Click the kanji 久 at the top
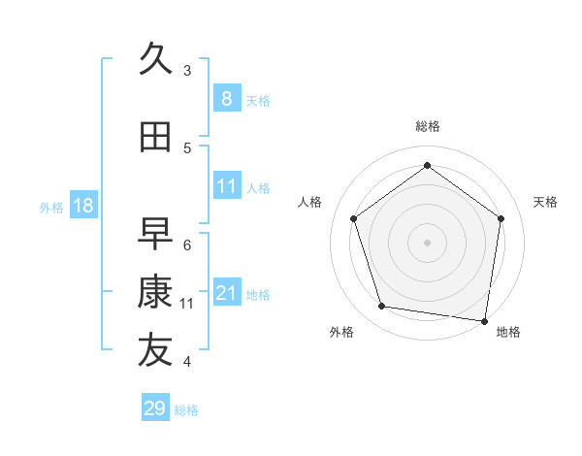point(155,60)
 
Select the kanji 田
point(155,138)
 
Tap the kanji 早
point(155,234)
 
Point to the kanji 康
point(155,292)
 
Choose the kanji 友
point(155,351)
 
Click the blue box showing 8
point(226,99)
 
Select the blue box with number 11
point(226,186)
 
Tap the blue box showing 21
point(226,293)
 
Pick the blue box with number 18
point(81,206)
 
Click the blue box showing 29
point(155,408)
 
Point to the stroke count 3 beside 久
point(187,71)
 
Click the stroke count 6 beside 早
point(187,245)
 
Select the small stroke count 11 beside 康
point(187,304)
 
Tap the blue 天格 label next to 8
point(258,101)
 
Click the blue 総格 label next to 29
point(187,410)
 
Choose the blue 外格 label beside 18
point(51,207)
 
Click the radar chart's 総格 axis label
point(427,126)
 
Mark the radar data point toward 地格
point(484,320)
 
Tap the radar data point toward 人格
point(354,218)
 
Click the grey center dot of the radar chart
point(427,242)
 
